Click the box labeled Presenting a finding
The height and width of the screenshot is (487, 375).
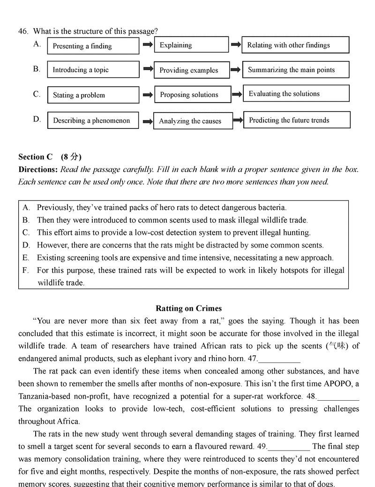click(93, 46)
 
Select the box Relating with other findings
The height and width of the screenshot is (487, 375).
click(295, 45)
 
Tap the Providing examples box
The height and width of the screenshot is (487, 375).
click(191, 70)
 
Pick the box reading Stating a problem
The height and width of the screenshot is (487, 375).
click(93, 95)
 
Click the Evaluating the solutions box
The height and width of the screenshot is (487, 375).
click(296, 93)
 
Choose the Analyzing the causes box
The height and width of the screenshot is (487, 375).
click(193, 121)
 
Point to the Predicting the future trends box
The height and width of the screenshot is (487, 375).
click(297, 120)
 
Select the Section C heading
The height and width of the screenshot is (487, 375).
click(35, 157)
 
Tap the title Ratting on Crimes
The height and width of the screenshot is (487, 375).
click(188, 308)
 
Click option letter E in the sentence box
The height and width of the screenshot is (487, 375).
click(26, 258)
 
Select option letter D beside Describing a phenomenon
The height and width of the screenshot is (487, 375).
click(37, 119)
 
